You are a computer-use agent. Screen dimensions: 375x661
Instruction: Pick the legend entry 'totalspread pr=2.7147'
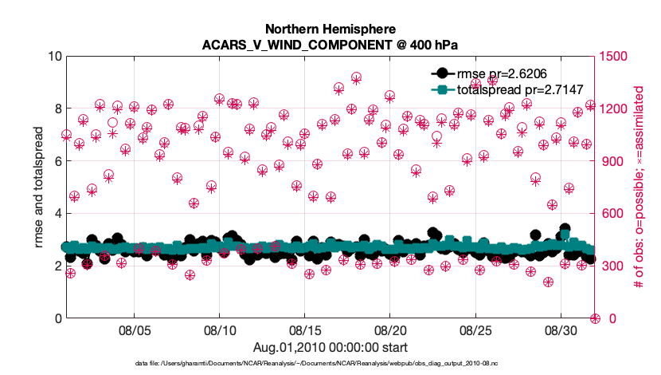pyautogui.click(x=503, y=89)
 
